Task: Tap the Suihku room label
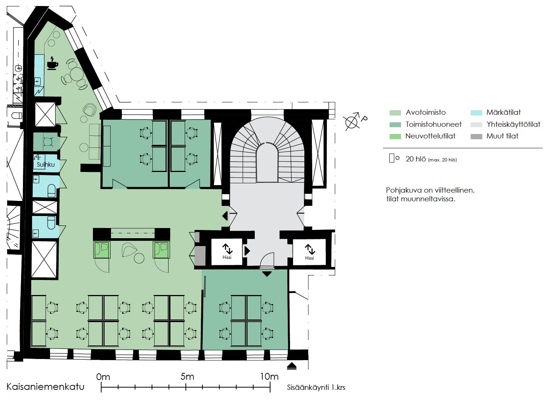coord(46,164)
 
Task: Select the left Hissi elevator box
coord(227,251)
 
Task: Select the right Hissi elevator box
coord(309,252)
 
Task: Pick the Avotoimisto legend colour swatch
coord(395,113)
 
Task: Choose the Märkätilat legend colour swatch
coord(476,113)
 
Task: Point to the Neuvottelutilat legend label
coord(430,136)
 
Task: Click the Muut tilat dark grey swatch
coord(476,136)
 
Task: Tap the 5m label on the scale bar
coord(187,376)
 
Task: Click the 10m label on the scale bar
coord(269,376)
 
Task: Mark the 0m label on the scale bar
coord(103,377)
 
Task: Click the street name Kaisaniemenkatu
coord(46,386)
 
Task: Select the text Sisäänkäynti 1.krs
coord(316,388)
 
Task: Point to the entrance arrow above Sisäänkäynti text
coord(292,366)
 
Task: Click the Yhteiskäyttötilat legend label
coord(514,125)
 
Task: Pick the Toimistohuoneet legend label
coord(434,124)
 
